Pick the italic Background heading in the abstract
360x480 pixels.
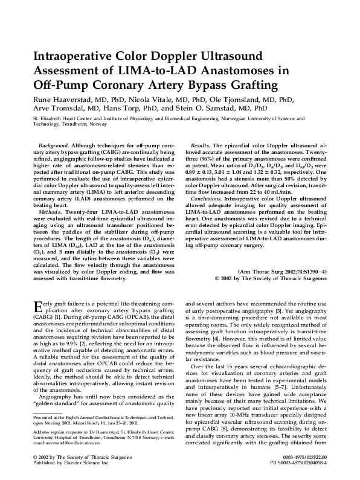pyautogui.click(x=53, y=146)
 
